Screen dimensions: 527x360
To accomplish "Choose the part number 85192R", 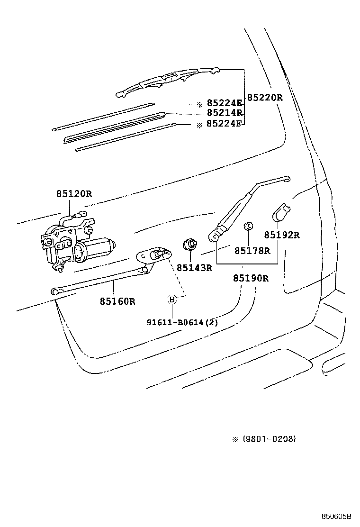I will tap(282, 235).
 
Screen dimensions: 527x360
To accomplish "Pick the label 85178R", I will tap(252, 251).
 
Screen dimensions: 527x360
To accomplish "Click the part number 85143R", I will tap(194, 268).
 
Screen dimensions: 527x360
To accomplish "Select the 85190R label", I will tap(250, 278).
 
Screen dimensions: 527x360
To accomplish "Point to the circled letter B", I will tap(172, 299).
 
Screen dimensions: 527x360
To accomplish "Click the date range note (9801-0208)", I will tap(269, 439).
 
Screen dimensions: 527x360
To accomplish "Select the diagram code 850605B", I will tap(338, 516).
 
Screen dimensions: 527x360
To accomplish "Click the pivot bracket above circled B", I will tap(154, 256).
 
